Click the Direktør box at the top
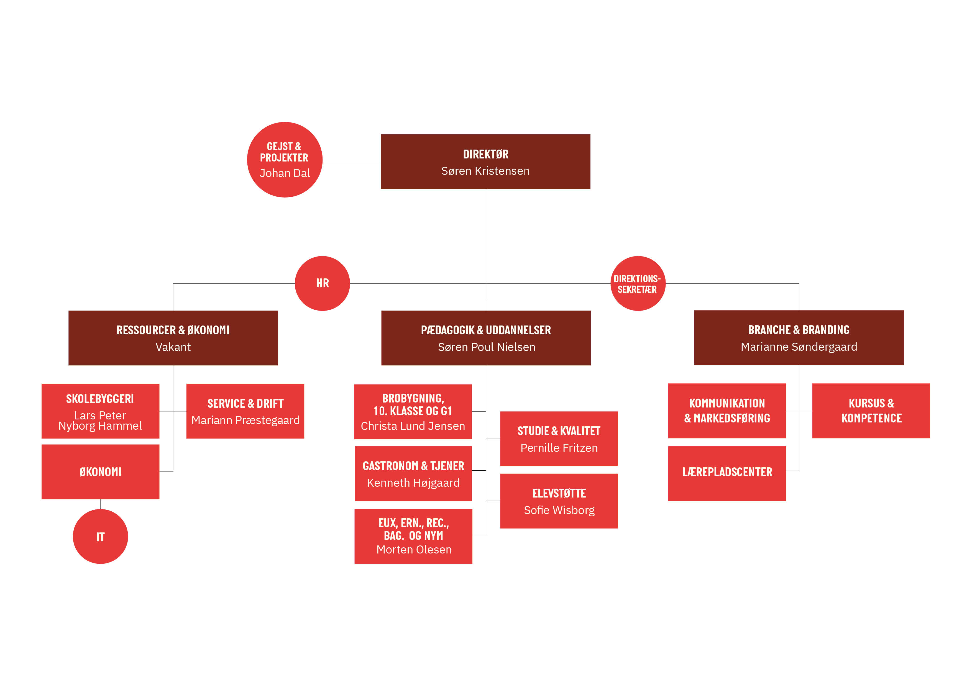[485, 162]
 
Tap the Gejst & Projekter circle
[285, 160]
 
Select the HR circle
[322, 283]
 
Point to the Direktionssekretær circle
[638, 283]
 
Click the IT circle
[100, 536]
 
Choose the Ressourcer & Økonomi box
[173, 338]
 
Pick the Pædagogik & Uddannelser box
[486, 338]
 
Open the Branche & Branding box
[799, 338]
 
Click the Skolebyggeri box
[100, 411]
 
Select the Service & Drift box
[245, 411]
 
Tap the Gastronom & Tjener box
[413, 474]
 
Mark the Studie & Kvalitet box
[559, 439]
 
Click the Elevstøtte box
[559, 501]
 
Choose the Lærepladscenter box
[727, 474]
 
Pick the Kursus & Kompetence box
[871, 411]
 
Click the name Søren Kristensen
[485, 171]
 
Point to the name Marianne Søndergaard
[799, 347]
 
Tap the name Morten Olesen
[414, 549]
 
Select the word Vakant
[173, 347]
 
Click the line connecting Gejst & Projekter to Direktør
[352, 162]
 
